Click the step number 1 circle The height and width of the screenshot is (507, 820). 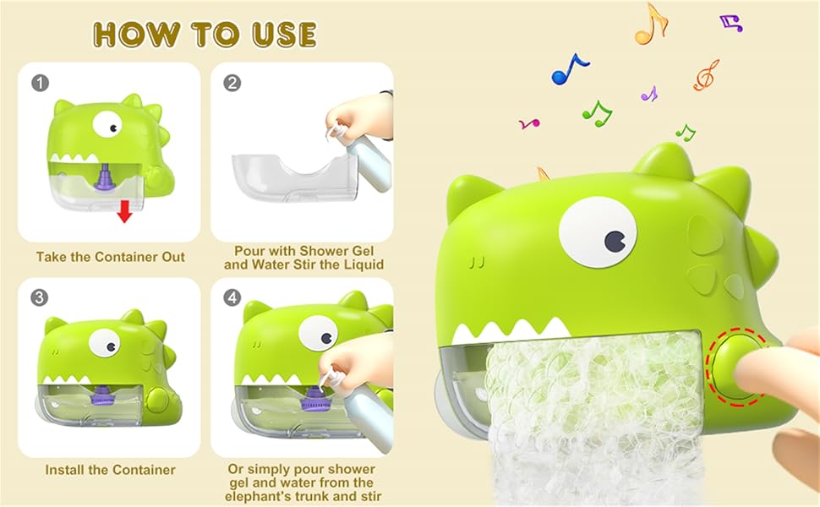point(39,83)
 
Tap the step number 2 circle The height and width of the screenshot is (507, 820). point(232,83)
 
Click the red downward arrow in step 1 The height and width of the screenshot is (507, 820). point(124,211)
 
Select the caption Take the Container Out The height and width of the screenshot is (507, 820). point(110,256)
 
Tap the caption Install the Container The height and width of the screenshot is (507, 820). point(110,470)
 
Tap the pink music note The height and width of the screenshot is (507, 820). point(529,123)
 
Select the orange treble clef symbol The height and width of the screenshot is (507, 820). point(706,75)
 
